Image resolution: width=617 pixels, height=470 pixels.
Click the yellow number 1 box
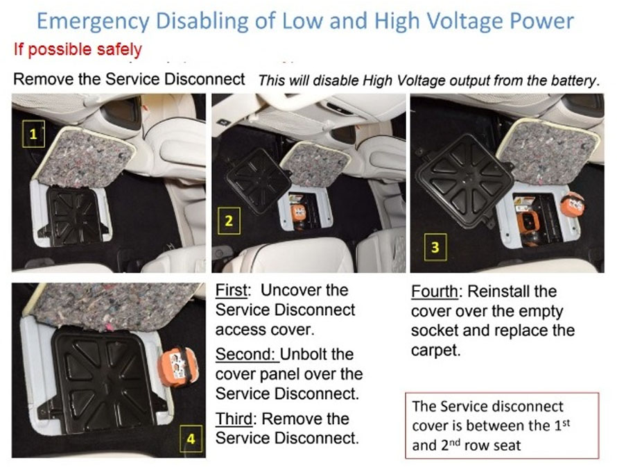(33, 134)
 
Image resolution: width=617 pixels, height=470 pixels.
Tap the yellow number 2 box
(229, 221)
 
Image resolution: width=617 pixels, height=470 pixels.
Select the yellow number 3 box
(435, 247)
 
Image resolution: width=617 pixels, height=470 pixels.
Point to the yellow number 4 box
(191, 439)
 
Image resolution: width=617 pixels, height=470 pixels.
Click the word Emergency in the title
(93, 22)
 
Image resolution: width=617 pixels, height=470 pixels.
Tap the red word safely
(119, 50)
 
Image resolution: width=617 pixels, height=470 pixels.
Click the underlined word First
(232, 290)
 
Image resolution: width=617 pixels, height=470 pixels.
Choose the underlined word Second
(246, 354)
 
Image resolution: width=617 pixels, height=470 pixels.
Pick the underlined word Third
(234, 419)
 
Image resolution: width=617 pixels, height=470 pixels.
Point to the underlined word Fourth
(435, 292)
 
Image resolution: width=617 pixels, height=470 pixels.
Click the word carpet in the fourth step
(435, 350)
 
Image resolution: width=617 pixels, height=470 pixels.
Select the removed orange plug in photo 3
(572, 205)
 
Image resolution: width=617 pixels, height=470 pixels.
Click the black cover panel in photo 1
(74, 216)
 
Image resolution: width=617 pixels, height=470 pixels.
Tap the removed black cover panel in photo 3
(464, 181)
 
